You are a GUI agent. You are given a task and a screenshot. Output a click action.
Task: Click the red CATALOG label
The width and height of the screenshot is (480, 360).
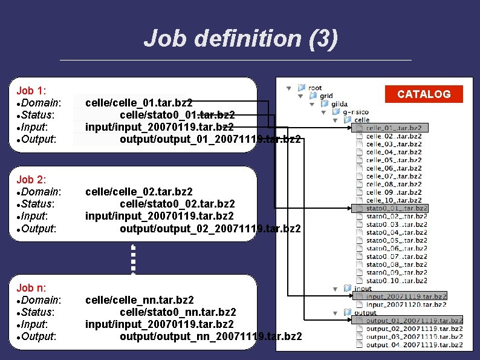pyautogui.click(x=423, y=94)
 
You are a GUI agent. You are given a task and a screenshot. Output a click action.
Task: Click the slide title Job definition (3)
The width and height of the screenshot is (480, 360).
pyautogui.click(x=241, y=39)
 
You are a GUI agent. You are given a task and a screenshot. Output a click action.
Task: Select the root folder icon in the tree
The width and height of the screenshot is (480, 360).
pyautogui.click(x=302, y=88)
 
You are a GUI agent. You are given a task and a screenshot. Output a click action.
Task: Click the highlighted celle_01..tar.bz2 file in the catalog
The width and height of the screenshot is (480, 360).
pyautogui.click(x=394, y=128)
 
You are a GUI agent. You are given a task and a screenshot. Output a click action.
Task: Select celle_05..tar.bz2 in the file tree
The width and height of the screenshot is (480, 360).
pyautogui.click(x=394, y=160)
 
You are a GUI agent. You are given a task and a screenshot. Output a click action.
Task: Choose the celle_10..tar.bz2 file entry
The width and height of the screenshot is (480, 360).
pyautogui.click(x=394, y=200)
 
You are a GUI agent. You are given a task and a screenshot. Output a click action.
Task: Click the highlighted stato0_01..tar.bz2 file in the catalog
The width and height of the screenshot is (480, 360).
pyautogui.click(x=396, y=208)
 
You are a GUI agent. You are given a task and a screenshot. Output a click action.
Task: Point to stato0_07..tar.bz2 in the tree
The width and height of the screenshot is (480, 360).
pyautogui.click(x=396, y=257)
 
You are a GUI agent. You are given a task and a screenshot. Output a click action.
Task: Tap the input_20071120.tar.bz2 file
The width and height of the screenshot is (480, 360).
pyautogui.click(x=406, y=304)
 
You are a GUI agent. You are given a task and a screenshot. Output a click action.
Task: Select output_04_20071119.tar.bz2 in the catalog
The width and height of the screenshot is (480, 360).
pyautogui.click(x=414, y=345)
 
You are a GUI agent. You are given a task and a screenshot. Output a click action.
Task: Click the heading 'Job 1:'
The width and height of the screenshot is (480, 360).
pyautogui.click(x=31, y=91)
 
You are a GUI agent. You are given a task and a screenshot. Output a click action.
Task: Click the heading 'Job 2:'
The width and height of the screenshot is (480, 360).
pyautogui.click(x=31, y=180)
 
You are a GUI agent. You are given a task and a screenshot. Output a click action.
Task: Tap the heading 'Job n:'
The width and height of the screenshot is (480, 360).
pyautogui.click(x=31, y=288)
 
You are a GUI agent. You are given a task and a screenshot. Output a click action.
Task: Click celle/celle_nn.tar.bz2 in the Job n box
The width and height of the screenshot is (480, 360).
pyautogui.click(x=140, y=300)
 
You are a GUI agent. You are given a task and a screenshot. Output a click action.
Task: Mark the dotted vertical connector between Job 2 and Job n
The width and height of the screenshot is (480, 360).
pyautogui.click(x=133, y=258)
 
